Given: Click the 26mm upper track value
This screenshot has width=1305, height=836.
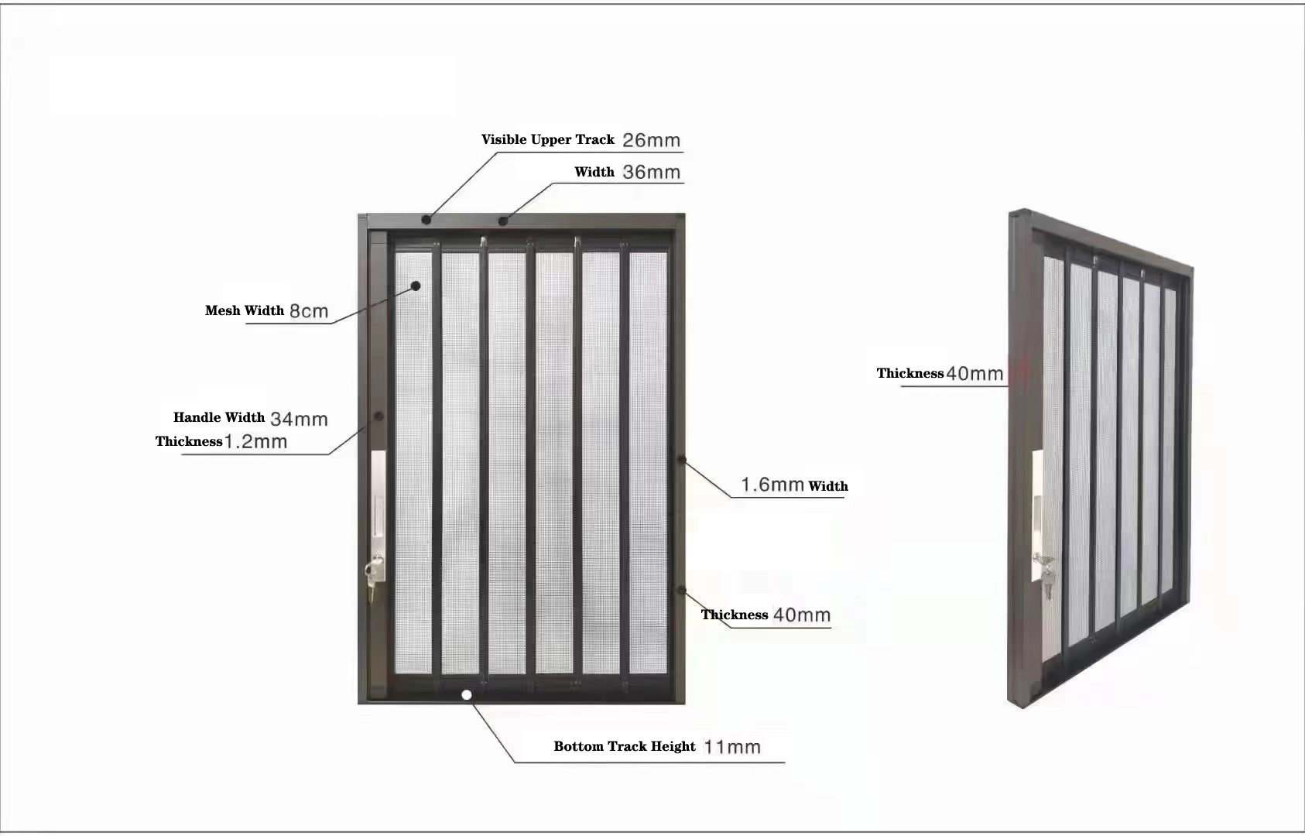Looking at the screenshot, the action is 651,140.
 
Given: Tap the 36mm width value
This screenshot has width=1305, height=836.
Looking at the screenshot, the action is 651,173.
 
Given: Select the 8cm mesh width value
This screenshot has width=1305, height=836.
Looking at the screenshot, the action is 309,311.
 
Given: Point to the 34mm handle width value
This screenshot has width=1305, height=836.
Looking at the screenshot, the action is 299,419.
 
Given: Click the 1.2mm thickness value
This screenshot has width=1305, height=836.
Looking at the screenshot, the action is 255,441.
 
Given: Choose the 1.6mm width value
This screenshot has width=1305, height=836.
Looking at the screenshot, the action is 772,485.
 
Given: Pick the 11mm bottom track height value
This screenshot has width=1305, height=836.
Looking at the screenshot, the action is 732,747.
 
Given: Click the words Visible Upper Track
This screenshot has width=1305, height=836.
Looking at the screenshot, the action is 548,140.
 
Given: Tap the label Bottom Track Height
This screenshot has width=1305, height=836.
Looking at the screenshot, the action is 625,746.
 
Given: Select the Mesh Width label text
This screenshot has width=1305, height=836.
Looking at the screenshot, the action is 244,310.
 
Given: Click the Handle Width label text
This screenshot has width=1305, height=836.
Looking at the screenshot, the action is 219,417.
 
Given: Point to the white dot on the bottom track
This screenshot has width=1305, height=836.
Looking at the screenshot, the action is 466,694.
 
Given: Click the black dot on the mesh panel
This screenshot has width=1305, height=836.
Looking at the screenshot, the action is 416,286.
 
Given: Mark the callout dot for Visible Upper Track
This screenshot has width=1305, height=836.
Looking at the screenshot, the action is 426,220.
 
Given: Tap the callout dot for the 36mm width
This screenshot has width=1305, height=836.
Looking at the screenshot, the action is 503,221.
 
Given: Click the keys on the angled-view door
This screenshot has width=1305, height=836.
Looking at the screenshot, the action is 1045,576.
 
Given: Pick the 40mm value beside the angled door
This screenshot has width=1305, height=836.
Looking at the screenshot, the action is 974,373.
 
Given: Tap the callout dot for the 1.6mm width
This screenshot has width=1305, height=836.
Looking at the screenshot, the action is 682,461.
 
